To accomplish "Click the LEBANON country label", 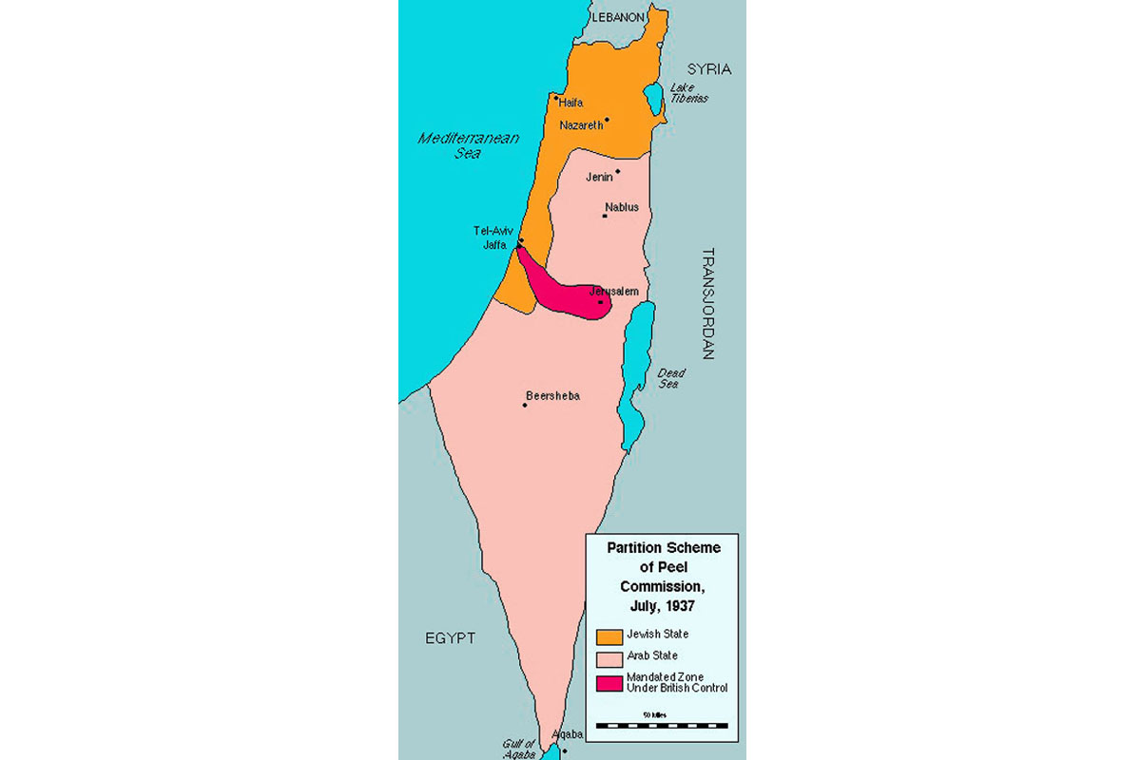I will (618, 17).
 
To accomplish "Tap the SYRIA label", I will (709, 69).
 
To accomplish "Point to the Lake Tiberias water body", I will (654, 96).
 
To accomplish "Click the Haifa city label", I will (571, 103).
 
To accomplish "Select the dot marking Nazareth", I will (607, 120).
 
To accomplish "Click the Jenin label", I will (599, 177).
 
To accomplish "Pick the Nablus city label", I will (621, 207).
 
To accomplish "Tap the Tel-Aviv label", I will (493, 231).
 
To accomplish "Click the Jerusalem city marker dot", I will (600, 302).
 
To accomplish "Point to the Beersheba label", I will (552, 396).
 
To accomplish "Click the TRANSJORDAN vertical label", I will (707, 304).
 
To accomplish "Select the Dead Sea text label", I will (670, 378).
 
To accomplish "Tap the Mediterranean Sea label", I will (469, 145).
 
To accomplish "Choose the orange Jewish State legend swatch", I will (609, 636).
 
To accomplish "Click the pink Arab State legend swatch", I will (609, 658).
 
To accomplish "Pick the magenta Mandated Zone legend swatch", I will (609, 682).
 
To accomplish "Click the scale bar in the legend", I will (661, 725).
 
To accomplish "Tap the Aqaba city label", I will (567, 734).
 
